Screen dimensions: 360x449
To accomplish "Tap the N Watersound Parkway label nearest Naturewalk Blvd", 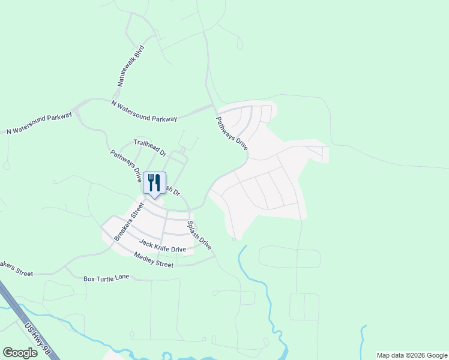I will tap(144, 111).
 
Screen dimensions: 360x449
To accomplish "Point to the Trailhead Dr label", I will tap(149, 148).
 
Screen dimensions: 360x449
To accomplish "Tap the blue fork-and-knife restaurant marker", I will tap(154, 183).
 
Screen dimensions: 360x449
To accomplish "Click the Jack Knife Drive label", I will tap(163, 245).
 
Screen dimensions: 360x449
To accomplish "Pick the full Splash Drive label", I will tap(199, 235).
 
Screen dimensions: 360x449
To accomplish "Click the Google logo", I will tap(20, 353).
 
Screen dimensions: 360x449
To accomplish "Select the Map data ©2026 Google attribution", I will tap(412, 355).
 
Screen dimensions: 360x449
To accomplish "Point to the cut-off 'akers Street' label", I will tap(16, 268).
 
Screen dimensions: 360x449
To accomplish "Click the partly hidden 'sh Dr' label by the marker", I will tap(172, 190).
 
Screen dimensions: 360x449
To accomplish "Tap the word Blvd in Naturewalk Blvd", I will tap(139, 52).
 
